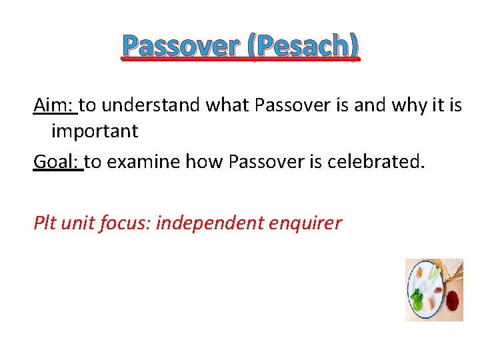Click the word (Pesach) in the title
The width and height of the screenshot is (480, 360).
coord(306,46)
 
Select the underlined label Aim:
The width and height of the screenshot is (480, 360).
coord(55,105)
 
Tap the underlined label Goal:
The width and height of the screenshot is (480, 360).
coord(57,161)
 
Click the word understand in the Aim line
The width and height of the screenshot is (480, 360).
coord(151,105)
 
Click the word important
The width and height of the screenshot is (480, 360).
coord(95,131)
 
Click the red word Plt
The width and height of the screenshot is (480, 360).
coord(45,222)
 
